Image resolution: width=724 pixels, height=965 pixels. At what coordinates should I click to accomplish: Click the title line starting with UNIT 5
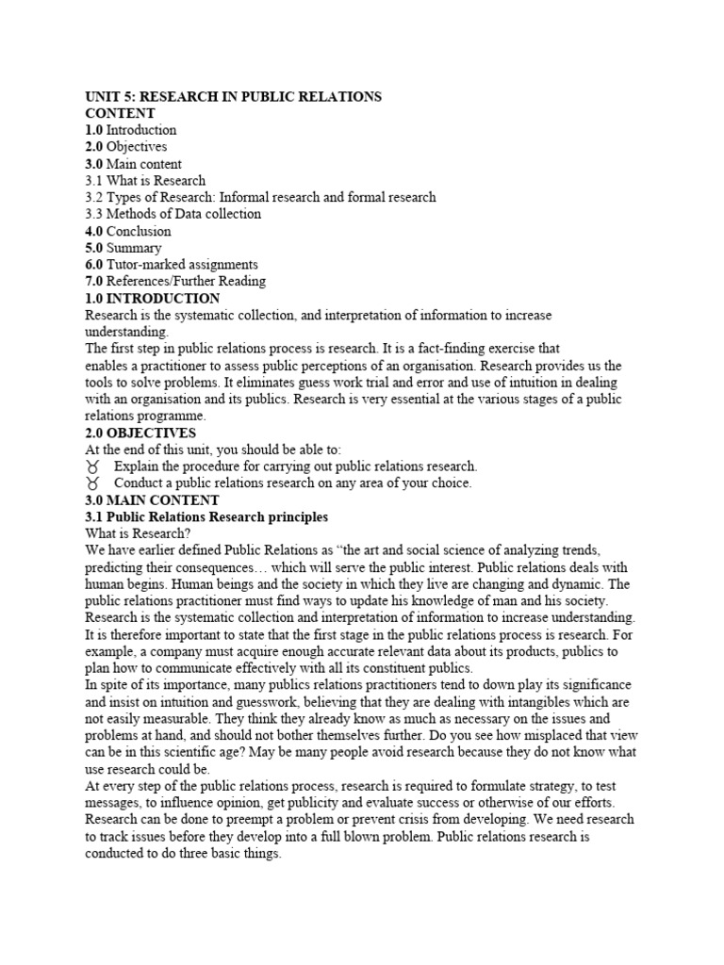(233, 96)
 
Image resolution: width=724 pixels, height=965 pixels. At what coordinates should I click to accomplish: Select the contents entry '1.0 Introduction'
(131, 130)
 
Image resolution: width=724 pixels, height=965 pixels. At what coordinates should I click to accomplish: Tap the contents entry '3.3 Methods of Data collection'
(173, 214)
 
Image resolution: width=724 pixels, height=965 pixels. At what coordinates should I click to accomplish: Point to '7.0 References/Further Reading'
(175, 281)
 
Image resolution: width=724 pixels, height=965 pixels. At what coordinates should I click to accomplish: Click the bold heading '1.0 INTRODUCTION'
(152, 298)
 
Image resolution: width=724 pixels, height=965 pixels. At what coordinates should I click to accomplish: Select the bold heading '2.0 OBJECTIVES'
(140, 433)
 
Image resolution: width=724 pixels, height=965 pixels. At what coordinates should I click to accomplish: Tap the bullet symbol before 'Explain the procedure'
(92, 466)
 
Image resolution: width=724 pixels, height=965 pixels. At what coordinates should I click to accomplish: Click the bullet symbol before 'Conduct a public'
(92, 483)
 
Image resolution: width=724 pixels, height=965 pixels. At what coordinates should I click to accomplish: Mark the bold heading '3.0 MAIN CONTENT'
(152, 500)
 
